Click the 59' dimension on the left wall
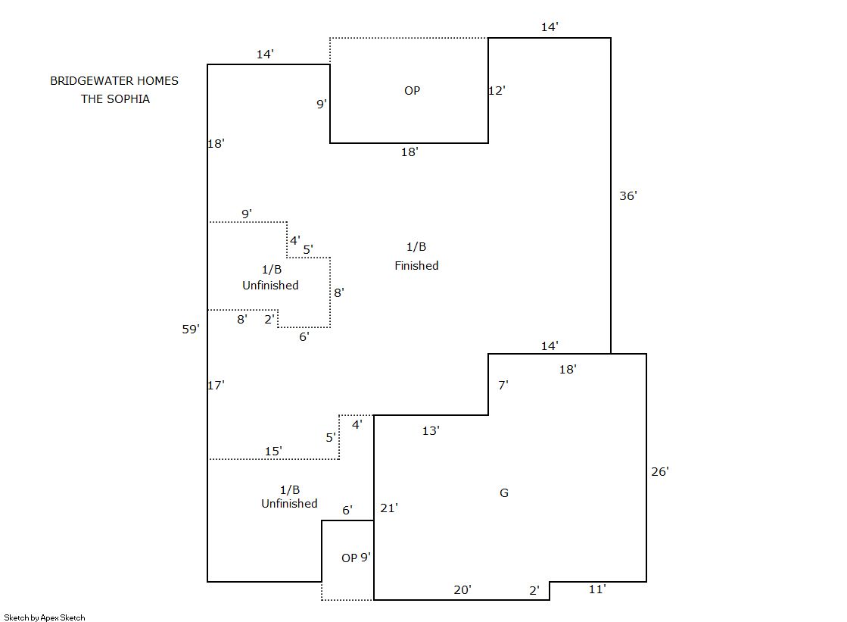tap(190, 329)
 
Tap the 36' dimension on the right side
tap(628, 195)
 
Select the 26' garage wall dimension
tap(659, 471)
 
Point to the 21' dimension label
tap(389, 508)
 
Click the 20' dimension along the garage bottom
tap(462, 589)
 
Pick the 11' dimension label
tap(597, 589)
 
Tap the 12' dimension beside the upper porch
tap(497, 90)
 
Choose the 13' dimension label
tap(431, 431)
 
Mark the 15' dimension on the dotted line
tap(273, 452)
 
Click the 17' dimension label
tap(216, 386)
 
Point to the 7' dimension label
tap(503, 385)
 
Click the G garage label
tap(504, 493)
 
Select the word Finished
tap(416, 266)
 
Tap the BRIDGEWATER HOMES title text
tap(114, 80)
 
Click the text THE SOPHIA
tap(115, 99)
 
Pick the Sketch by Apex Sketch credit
tap(45, 617)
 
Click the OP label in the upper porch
tap(412, 91)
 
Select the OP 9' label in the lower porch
tap(356, 558)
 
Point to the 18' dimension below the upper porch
tap(409, 152)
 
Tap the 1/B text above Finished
tap(416, 247)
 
